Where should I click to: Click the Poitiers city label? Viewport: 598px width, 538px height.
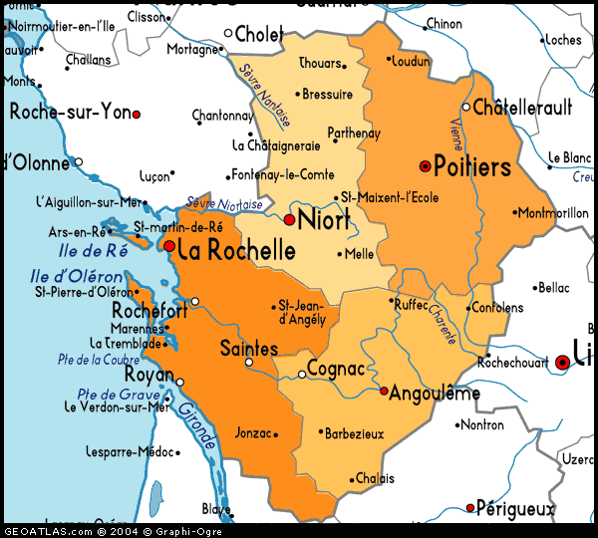click(472, 166)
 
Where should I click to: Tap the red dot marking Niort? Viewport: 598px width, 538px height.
click(289, 220)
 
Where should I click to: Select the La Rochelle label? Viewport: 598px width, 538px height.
click(236, 249)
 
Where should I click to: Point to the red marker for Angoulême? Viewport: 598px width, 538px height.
click(384, 391)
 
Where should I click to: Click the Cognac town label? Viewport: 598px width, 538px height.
click(337, 370)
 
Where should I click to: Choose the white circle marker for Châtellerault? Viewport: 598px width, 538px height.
click(465, 107)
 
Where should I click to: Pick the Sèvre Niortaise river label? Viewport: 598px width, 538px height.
click(224, 203)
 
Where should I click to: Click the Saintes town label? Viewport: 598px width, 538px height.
click(248, 349)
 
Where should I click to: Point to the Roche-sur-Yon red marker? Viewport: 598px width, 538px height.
click(137, 115)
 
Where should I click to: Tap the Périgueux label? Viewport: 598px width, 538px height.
click(516, 509)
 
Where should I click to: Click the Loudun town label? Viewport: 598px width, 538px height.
click(411, 62)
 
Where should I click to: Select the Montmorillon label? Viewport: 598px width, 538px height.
click(552, 213)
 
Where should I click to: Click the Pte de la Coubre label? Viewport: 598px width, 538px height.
click(99, 360)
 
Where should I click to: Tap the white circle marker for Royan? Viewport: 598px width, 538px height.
click(180, 382)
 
